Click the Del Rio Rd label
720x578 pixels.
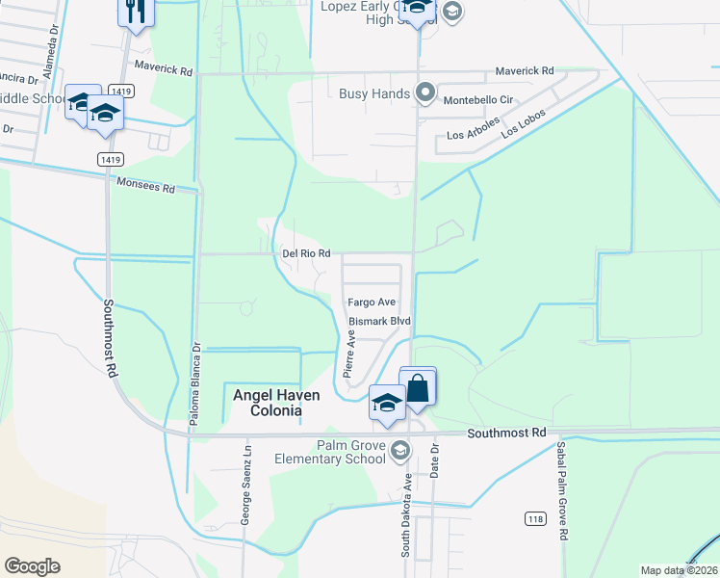(307, 253)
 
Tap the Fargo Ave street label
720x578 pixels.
(373, 302)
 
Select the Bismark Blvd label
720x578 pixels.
(379, 320)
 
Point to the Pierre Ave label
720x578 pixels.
(352, 355)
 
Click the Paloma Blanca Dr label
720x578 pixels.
(194, 372)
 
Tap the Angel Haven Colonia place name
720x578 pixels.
(268, 402)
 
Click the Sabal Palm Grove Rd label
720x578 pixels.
(559, 504)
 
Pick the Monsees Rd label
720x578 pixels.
(145, 186)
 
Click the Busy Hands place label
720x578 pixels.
(374, 94)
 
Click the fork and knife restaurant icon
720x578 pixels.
(135, 13)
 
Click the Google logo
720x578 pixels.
(32, 565)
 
